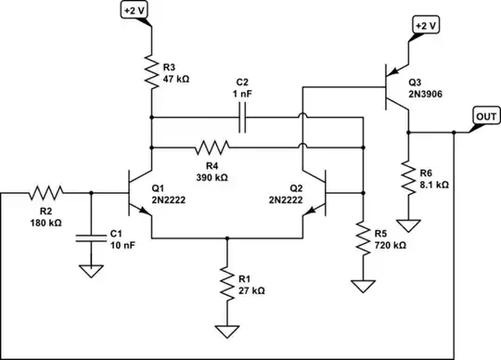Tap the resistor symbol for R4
(212, 147)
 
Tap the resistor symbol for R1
(225, 284)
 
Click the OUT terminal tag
(485, 116)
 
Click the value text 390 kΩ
(212, 175)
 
